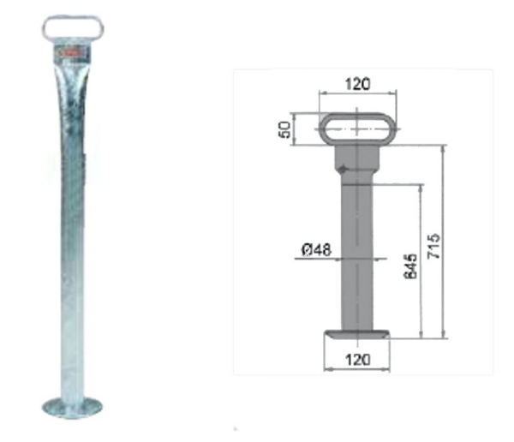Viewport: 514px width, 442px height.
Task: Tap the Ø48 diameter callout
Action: (316, 250)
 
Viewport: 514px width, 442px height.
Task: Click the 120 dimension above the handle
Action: (357, 84)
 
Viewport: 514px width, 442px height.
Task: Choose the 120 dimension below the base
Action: (357, 359)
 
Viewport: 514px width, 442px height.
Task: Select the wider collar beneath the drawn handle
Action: (356, 158)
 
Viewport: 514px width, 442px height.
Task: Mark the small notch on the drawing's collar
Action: (343, 170)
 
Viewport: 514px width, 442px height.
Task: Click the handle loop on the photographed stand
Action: (73, 28)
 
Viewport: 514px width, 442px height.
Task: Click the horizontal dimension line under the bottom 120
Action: (357, 369)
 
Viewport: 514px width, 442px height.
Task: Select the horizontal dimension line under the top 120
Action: (357, 93)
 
